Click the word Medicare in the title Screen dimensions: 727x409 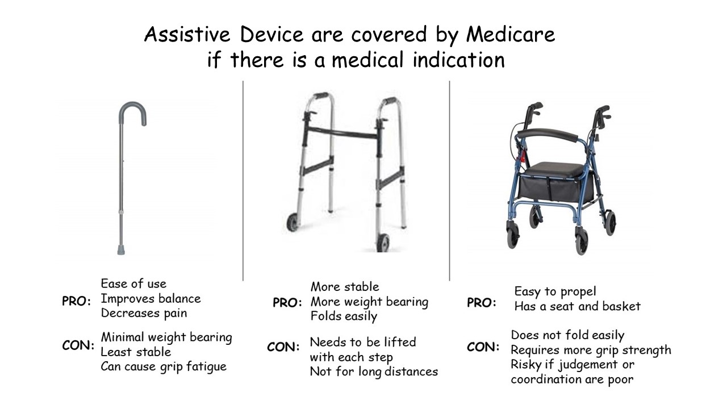coord(511,34)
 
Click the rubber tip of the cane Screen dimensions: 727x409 coord(121,250)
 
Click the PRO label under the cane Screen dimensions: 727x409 coord(76,301)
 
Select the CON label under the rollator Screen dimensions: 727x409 coord(483,347)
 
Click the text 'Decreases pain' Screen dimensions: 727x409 coord(144,313)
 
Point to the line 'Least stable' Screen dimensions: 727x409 coord(136,352)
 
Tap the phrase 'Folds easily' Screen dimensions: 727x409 coord(344,316)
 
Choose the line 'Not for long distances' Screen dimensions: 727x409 coord(374,372)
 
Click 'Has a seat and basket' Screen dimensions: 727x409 coord(578,306)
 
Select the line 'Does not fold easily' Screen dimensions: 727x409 coord(567,335)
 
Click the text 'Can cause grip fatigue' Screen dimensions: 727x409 coord(164,367)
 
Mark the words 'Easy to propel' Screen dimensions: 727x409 coord(555,291)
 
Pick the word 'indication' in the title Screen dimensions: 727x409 coord(458,60)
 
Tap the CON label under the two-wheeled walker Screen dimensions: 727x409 coord(283,347)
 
